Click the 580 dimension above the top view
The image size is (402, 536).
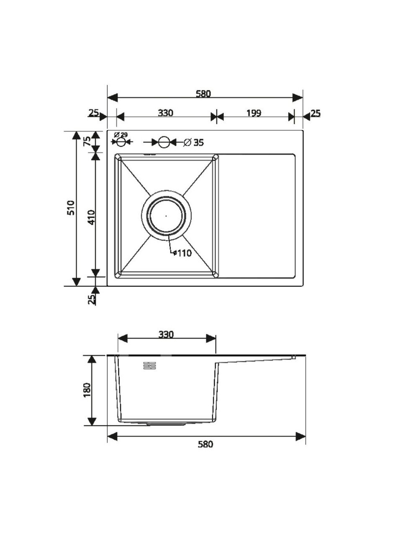(x=203, y=94)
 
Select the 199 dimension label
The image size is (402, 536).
(x=254, y=113)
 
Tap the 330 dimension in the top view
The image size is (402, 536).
(x=165, y=113)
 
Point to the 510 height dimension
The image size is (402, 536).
(x=71, y=208)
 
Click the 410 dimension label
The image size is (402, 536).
(x=92, y=217)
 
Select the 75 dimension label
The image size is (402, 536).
(x=87, y=142)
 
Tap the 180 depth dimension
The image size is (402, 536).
(x=87, y=390)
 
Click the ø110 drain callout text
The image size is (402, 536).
(x=182, y=253)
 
